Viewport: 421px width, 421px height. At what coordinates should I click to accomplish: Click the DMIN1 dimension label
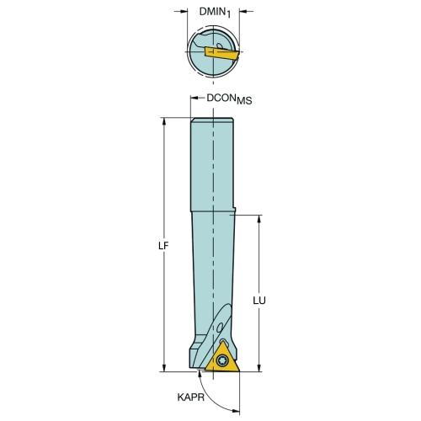click(215, 12)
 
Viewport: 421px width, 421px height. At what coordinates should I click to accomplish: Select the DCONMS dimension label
click(229, 99)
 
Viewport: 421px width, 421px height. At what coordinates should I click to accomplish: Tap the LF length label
click(163, 246)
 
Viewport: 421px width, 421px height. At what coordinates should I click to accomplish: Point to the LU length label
click(259, 301)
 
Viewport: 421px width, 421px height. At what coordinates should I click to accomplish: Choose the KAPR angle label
click(191, 397)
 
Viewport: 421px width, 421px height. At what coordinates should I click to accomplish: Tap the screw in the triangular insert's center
click(221, 360)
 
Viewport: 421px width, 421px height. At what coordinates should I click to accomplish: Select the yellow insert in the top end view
click(221, 54)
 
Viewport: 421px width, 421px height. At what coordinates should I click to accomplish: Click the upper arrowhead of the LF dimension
click(164, 121)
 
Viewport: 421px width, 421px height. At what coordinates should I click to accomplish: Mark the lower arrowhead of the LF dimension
click(164, 368)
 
